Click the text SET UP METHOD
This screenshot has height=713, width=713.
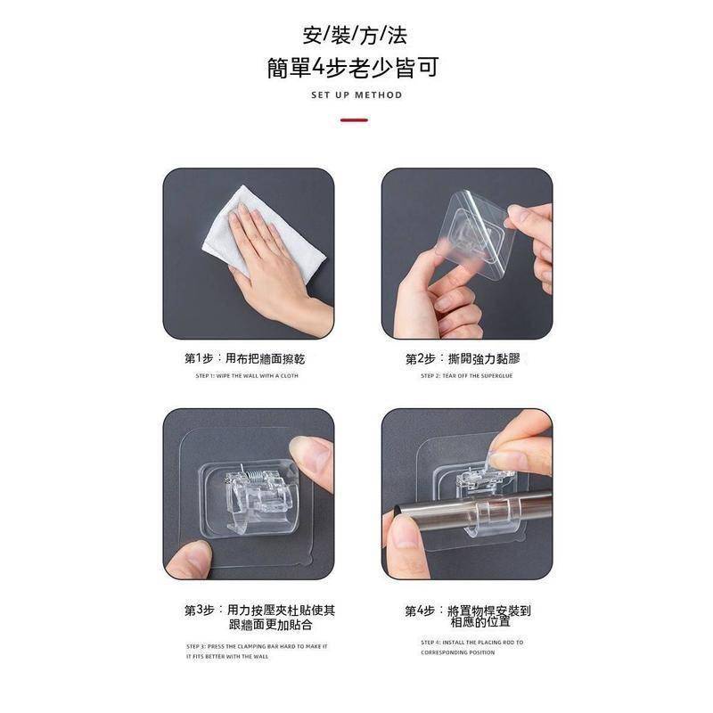click(356, 94)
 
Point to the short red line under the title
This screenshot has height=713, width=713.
click(354, 119)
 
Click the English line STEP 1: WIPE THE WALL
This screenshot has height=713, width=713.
click(247, 376)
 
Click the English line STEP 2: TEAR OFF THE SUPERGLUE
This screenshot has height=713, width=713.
click(466, 376)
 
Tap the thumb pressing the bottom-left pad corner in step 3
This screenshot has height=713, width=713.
click(190, 560)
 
